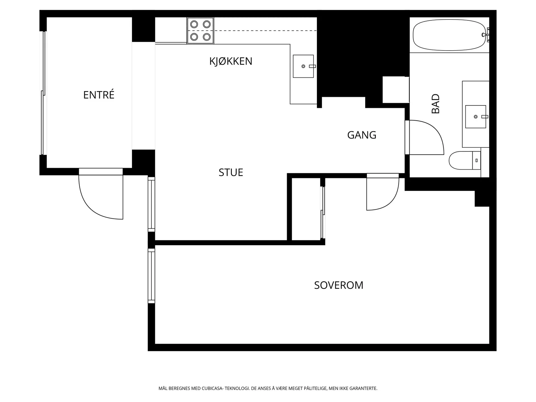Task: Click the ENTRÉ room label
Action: [98, 94]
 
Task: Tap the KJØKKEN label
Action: [230, 61]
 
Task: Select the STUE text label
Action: [231, 172]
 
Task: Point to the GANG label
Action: [362, 135]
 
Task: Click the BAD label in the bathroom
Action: [435, 104]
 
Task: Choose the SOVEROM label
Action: [339, 285]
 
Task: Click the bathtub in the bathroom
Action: [449, 35]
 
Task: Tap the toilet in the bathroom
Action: [464, 160]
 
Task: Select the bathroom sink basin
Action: [475, 117]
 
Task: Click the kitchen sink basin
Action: [303, 66]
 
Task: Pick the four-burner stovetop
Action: [200, 31]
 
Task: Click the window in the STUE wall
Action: [151, 204]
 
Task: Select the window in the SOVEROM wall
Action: [151, 276]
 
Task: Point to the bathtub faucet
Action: [486, 35]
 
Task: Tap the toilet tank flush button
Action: [476, 160]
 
